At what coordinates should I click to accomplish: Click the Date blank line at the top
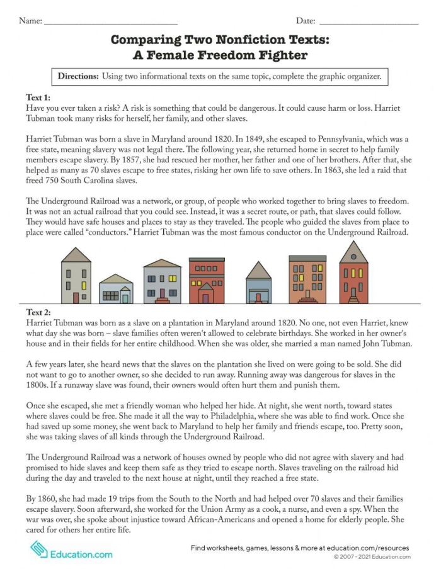coord(369,21)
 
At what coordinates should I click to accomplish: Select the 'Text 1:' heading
coord(38,98)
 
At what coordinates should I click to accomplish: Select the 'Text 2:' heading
coord(38,312)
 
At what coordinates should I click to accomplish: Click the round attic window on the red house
coord(353,256)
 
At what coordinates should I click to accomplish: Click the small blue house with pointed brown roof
coord(258,283)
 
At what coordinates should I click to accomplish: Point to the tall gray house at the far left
coord(76,275)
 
